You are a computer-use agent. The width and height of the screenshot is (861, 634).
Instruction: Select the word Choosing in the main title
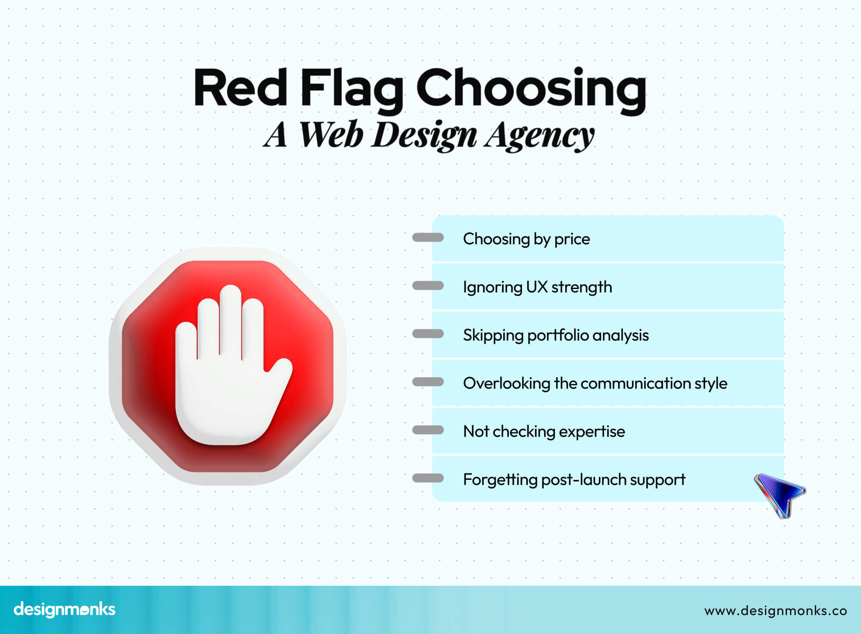coord(531,88)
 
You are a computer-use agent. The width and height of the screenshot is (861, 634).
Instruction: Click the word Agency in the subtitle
coord(539,136)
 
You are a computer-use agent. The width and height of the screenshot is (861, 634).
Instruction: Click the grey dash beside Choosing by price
coord(428,237)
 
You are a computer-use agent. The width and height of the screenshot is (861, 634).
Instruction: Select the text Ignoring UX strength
coord(537,287)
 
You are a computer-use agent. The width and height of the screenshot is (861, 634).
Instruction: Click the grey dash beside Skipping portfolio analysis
coord(428,334)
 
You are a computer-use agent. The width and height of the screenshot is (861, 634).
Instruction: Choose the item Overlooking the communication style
coord(595,383)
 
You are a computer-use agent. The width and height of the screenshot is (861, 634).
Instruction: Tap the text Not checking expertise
coord(544,431)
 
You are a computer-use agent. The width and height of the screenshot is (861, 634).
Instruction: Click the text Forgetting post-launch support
coord(574,479)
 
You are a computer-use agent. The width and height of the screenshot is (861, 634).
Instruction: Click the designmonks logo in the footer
coord(65,609)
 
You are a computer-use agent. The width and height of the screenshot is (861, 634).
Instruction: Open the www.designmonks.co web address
coord(775,611)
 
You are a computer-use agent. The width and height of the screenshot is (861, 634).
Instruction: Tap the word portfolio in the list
coord(557,336)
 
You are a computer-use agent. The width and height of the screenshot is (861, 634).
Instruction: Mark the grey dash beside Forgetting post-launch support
coord(428,478)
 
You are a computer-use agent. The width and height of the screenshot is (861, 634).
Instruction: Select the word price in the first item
coord(572,239)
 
